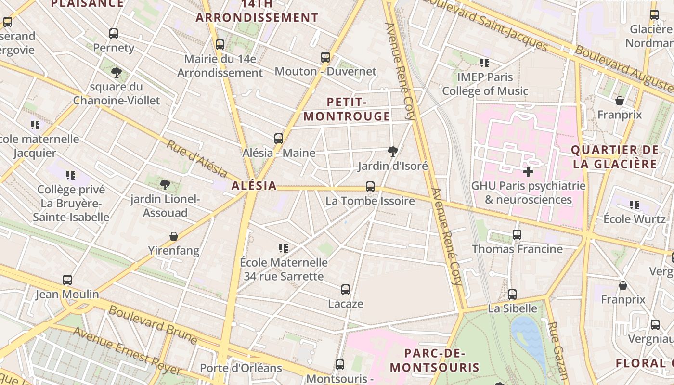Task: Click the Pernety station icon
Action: tap(114, 34)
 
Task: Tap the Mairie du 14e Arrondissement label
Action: tap(220, 66)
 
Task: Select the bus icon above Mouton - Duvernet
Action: tap(325, 57)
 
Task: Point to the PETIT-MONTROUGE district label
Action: tap(347, 109)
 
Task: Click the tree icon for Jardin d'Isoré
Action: tap(393, 152)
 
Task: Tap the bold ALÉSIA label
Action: tap(254, 186)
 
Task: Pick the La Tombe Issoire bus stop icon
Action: tap(370, 187)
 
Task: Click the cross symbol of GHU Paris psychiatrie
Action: tap(528, 171)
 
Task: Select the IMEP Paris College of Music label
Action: tap(485, 84)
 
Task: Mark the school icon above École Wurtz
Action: tap(635, 205)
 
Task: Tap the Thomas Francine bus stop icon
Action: tap(517, 235)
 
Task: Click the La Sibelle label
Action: tap(512, 308)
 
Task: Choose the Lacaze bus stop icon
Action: tap(346, 290)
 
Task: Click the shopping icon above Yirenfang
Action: tap(174, 236)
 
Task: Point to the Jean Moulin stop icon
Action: tap(67, 280)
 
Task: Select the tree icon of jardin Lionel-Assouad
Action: tap(165, 184)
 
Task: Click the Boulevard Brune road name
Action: tap(152, 325)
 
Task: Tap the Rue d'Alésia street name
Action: tap(196, 158)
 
